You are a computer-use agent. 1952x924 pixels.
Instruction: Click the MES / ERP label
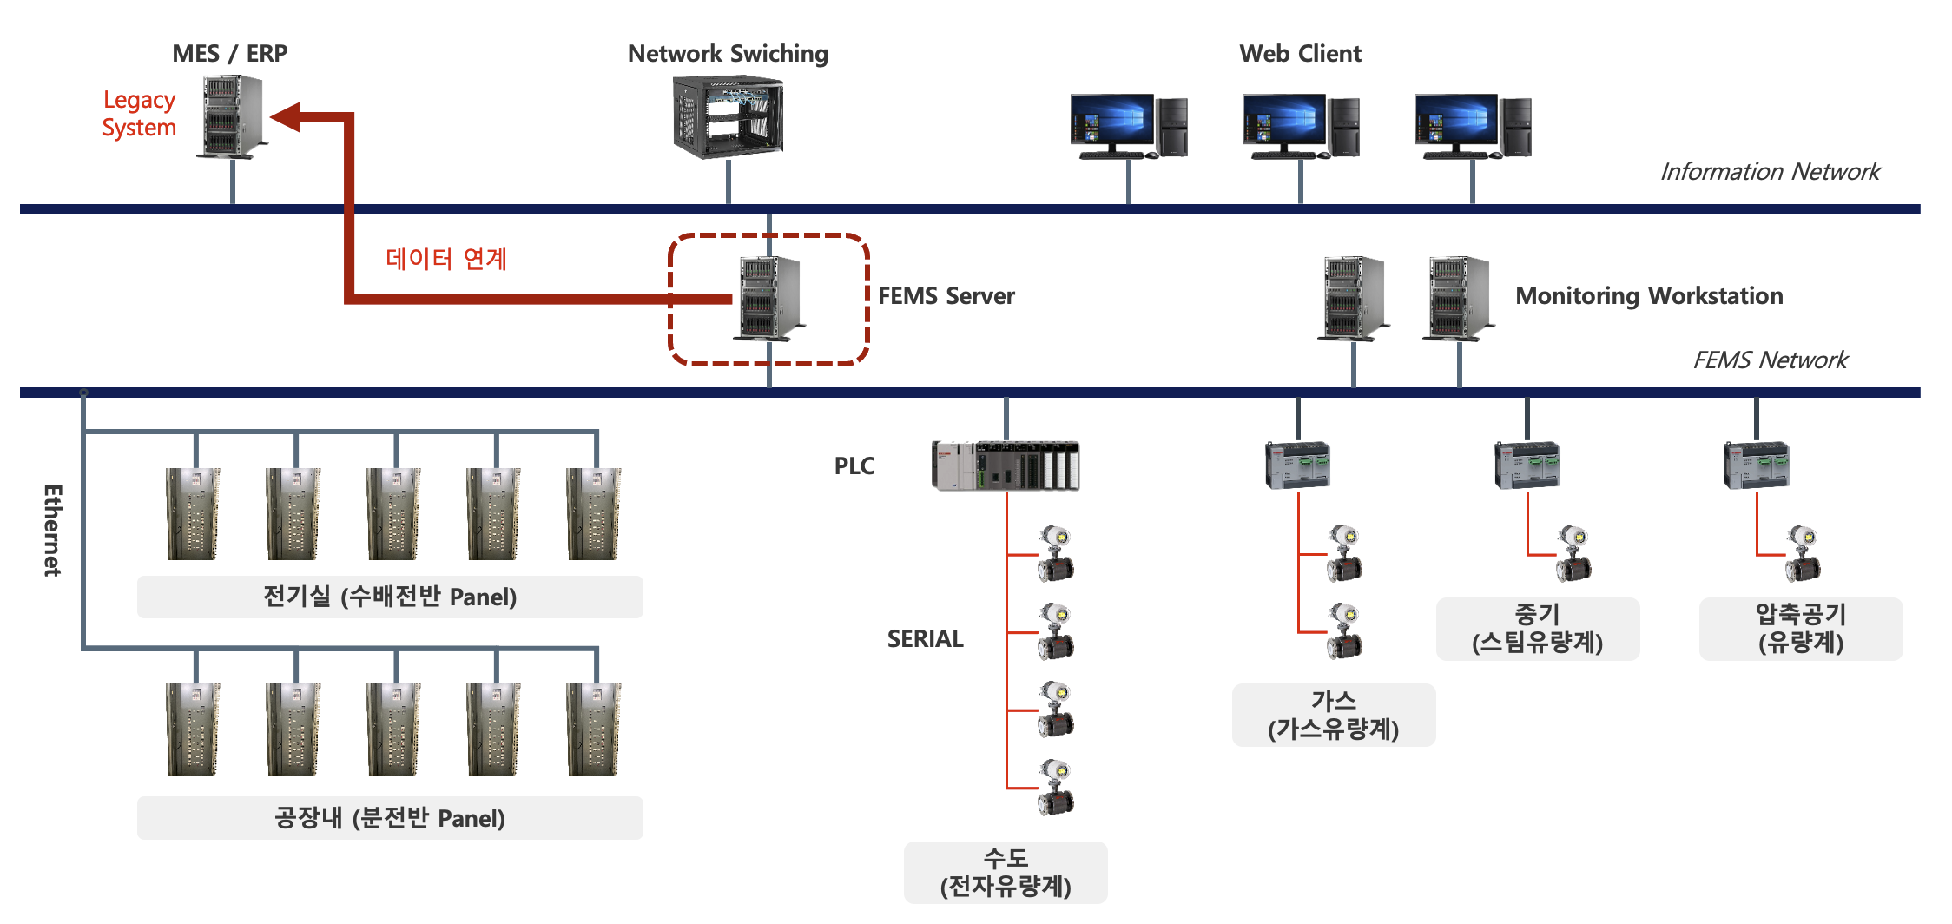(229, 54)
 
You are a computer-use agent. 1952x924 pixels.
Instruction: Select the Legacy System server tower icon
(233, 116)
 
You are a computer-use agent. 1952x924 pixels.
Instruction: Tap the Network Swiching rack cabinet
(728, 117)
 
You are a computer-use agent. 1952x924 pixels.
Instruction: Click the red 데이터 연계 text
(446, 259)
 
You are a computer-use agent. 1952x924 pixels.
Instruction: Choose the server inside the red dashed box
(769, 298)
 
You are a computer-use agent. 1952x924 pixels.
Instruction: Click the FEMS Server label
(946, 296)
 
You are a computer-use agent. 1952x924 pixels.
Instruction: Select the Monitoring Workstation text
(1649, 296)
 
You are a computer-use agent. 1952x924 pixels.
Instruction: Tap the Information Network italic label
(1770, 172)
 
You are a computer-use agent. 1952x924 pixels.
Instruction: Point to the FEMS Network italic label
(1770, 360)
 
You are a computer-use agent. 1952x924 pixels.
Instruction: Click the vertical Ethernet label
(53, 530)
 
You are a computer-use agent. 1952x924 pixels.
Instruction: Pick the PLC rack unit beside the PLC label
(1006, 466)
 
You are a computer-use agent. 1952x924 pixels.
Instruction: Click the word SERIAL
(925, 639)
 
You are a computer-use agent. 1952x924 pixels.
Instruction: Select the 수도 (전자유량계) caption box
(1006, 872)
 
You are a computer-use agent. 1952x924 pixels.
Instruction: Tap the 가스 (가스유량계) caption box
(1334, 715)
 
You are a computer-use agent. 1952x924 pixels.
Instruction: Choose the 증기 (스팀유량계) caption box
(1538, 629)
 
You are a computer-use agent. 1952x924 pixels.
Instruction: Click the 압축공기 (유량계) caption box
(1801, 629)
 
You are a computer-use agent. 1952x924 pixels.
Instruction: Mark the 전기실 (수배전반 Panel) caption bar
(390, 597)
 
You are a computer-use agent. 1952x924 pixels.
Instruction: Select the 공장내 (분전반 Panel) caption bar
(390, 818)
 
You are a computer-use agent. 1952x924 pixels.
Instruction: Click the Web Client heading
(1300, 54)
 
